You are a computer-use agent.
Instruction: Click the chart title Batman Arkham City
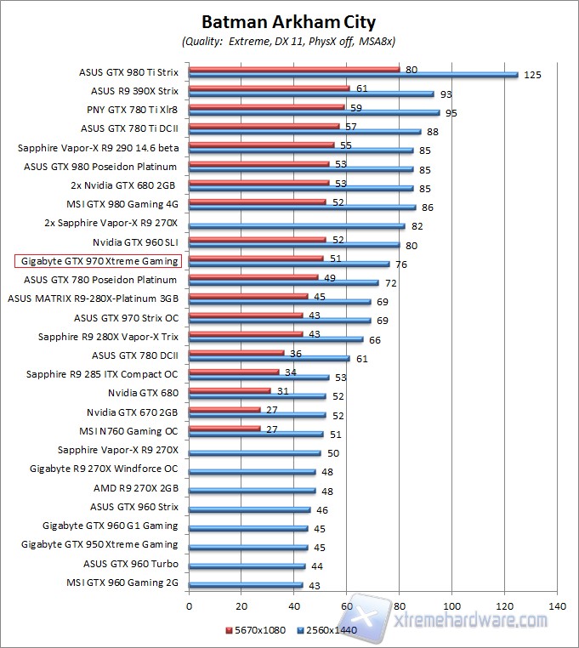pos(288,20)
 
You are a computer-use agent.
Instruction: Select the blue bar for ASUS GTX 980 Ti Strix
pos(353,75)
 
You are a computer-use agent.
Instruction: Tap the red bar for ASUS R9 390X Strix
pos(269,87)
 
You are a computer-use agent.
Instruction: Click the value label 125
pos(532,75)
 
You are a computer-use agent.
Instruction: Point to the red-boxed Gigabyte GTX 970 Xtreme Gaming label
pos(99,261)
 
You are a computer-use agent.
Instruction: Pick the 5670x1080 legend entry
pos(256,629)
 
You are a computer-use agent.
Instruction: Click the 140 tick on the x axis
pos(558,606)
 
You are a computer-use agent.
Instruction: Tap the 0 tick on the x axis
pos(189,606)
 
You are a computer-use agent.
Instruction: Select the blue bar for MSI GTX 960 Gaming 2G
pos(246,585)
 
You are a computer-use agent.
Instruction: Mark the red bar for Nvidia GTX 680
pos(230,390)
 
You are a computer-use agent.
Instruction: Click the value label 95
pos(452,112)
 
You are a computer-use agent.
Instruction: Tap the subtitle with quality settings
pos(288,41)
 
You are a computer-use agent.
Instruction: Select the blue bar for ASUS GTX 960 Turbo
pos(247,566)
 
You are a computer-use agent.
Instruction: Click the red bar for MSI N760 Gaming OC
pos(224,428)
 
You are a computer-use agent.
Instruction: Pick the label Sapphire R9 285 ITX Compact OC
pos(102,373)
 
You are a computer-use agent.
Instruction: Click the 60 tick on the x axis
pos(347,606)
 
